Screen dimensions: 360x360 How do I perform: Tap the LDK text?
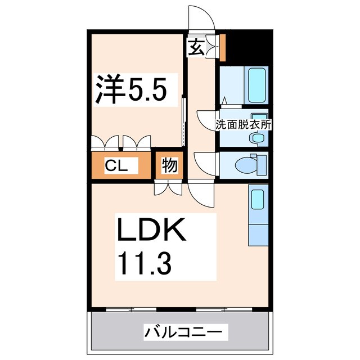[150, 230]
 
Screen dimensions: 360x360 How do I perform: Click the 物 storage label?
[170, 166]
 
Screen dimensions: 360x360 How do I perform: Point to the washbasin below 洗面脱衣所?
[257, 137]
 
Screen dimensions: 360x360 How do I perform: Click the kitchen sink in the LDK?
[257, 199]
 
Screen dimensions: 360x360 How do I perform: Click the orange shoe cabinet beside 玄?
[222, 48]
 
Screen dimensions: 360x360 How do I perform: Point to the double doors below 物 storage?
[168, 188]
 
